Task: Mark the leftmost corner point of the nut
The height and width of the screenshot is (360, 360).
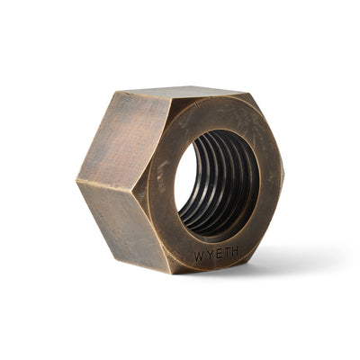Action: coord(76,181)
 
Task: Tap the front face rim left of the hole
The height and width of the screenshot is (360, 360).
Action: coord(162,189)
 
